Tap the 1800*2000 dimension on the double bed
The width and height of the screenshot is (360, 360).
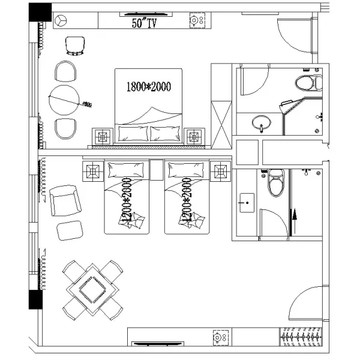pyautogui.click(x=149, y=86)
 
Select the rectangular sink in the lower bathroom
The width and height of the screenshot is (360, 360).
pyautogui.click(x=246, y=203)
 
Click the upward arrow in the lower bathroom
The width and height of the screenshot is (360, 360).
pyautogui.click(x=294, y=221)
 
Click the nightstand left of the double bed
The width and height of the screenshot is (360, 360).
pyautogui.click(x=102, y=137)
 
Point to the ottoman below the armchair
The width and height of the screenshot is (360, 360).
pyautogui.click(x=70, y=230)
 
